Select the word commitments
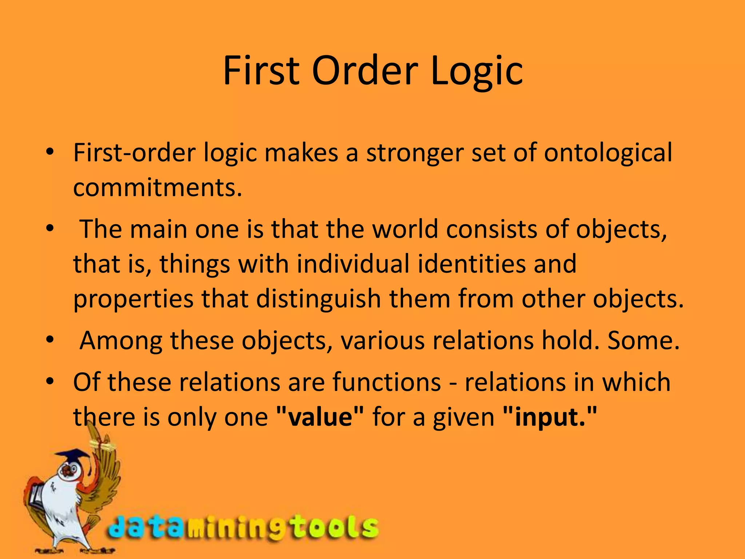tap(157, 188)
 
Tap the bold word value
tap(320, 417)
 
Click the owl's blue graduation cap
tap(73, 455)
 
